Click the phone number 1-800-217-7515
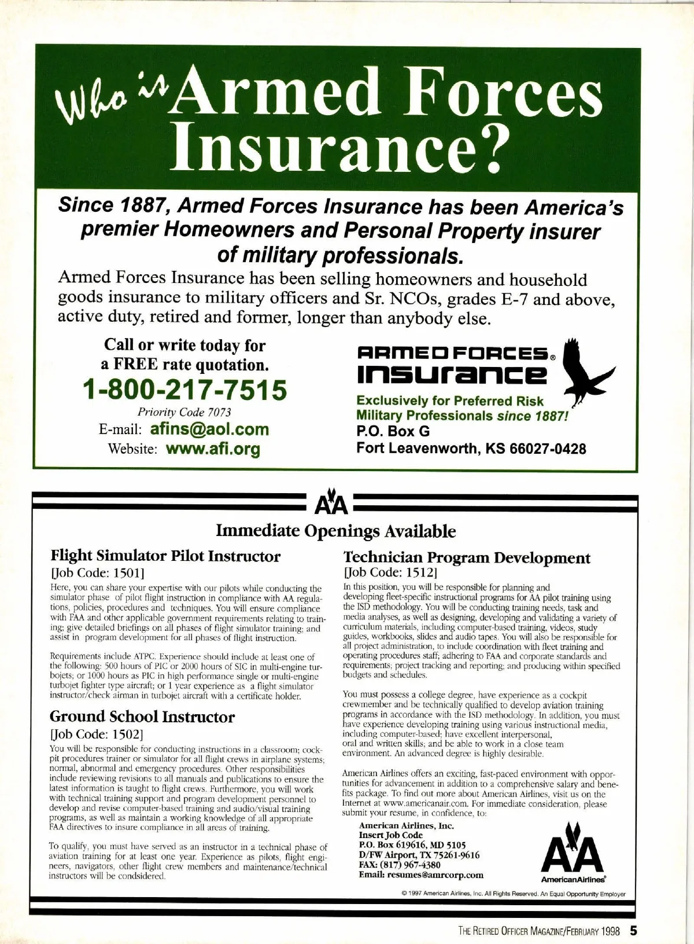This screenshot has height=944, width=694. coord(185,390)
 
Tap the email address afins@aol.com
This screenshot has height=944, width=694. coord(209,429)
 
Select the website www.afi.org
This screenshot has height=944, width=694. coord(213,449)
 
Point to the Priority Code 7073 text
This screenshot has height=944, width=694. coord(184,413)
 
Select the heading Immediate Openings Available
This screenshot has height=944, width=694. coord(335,531)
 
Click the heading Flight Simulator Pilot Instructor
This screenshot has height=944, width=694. coord(165,556)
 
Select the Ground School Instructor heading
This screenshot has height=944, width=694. coord(142,717)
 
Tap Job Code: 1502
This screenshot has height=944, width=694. coord(96,734)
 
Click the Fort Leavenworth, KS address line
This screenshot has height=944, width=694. coord(471,449)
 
